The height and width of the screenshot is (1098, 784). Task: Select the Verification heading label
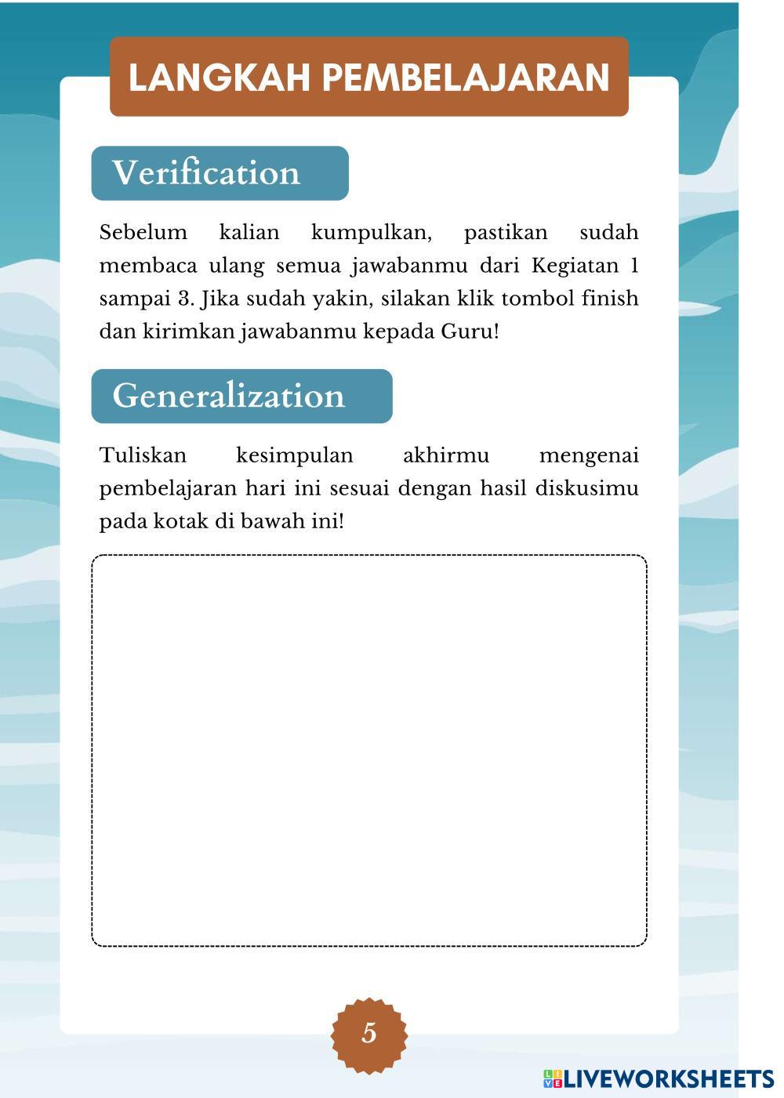point(206,173)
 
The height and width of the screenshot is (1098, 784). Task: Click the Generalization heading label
point(229,396)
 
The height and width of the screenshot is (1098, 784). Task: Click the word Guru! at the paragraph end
point(470,332)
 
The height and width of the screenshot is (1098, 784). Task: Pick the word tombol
point(537,299)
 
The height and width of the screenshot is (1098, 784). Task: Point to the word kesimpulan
point(294,455)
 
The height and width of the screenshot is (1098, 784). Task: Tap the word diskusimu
point(586,488)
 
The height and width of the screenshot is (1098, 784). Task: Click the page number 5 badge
point(369,1033)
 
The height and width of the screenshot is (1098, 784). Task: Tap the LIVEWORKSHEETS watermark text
point(669,1079)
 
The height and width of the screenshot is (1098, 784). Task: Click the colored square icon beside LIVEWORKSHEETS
point(553,1079)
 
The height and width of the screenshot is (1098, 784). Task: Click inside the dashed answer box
point(369,750)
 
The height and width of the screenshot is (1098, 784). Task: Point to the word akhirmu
point(445,455)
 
